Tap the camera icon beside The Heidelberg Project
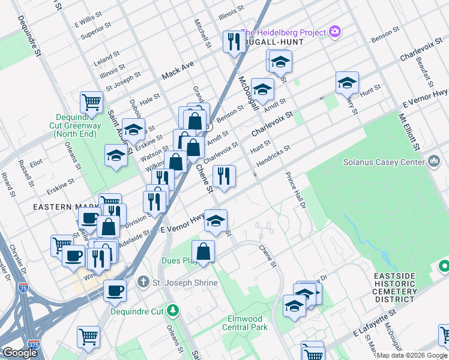click(x=335, y=32)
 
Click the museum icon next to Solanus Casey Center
click(x=434, y=161)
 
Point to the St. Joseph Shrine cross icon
click(x=143, y=281)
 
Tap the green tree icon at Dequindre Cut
click(x=173, y=310)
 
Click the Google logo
click(x=20, y=353)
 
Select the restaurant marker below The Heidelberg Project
click(x=232, y=41)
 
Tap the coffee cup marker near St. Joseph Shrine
click(x=115, y=290)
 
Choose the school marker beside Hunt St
click(x=347, y=83)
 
